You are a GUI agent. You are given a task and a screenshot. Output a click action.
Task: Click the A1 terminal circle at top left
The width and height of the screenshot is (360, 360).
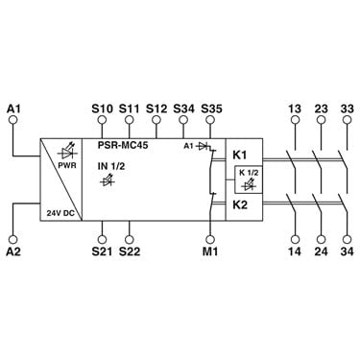coord(13,120)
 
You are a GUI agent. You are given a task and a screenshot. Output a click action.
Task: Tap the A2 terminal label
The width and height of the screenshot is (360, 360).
coord(13,252)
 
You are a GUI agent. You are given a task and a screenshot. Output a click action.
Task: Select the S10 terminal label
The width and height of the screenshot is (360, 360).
coord(102,108)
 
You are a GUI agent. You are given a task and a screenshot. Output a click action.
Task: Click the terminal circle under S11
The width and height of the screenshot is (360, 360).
coord(130,120)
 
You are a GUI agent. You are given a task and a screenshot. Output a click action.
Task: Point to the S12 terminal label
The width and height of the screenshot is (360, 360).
coord(156,108)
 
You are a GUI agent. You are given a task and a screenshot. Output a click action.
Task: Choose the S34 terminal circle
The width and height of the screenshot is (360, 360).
coord(183,120)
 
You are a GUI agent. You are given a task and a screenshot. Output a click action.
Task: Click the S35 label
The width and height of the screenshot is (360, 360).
coord(211,108)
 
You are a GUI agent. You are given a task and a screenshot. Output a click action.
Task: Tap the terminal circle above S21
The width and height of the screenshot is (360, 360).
coord(102,239)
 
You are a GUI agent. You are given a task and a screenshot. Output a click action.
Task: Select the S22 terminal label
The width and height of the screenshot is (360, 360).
coord(130,252)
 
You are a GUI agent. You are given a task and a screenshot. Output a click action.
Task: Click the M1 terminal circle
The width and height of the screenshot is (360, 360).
coord(210,239)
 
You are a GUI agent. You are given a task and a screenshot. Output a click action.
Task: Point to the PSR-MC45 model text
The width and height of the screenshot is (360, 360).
coord(123,145)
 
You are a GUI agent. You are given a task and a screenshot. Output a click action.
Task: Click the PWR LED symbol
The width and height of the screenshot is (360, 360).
coord(68,153)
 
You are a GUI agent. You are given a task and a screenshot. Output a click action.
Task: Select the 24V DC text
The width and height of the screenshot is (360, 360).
coord(60,213)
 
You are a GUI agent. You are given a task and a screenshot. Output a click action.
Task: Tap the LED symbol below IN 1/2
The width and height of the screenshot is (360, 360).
coord(108,180)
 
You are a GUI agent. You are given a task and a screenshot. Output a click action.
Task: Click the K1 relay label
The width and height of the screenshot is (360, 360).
coord(239,156)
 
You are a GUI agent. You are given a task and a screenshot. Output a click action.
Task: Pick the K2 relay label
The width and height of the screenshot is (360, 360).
coord(240,204)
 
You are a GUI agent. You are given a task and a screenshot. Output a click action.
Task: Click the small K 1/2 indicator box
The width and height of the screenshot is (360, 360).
coord(248,180)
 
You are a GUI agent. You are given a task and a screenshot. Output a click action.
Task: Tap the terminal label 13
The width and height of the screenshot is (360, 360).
coord(295,108)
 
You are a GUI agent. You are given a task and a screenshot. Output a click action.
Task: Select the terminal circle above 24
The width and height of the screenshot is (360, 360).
coord(321,239)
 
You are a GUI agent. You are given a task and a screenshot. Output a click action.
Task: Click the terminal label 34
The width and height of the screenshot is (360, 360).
coord(347,252)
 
